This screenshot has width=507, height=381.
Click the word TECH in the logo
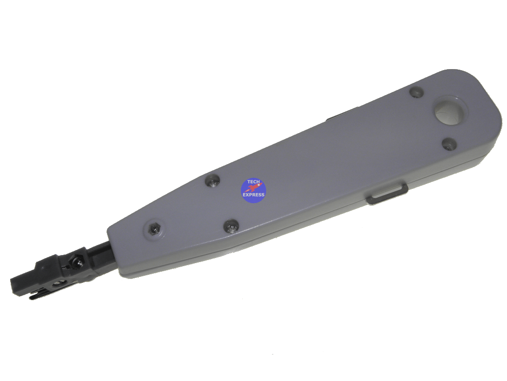click(253, 182)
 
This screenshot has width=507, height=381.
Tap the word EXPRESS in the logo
click(253, 195)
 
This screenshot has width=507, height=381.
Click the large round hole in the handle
click(451, 112)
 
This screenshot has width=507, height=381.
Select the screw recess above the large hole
click(416, 91)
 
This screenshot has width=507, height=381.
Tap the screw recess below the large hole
click(449, 144)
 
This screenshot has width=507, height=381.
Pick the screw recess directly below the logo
click(231, 226)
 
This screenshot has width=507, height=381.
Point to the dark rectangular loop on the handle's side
click(387, 194)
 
